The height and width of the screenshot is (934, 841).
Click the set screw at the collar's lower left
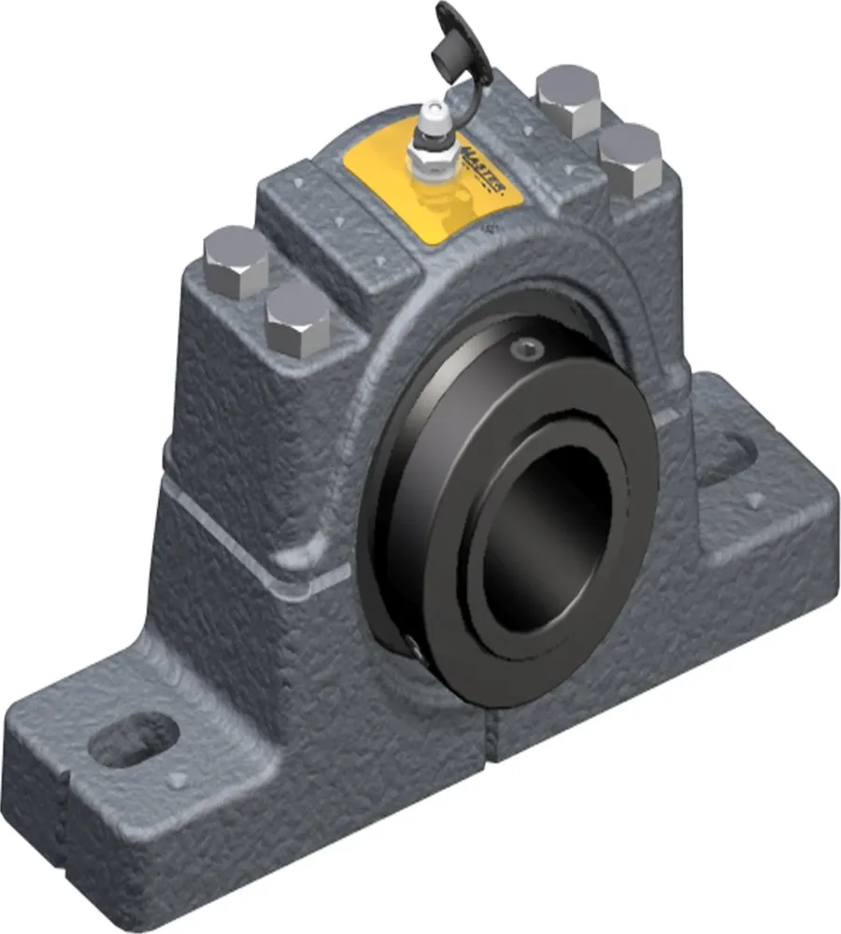coord(412,644)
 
